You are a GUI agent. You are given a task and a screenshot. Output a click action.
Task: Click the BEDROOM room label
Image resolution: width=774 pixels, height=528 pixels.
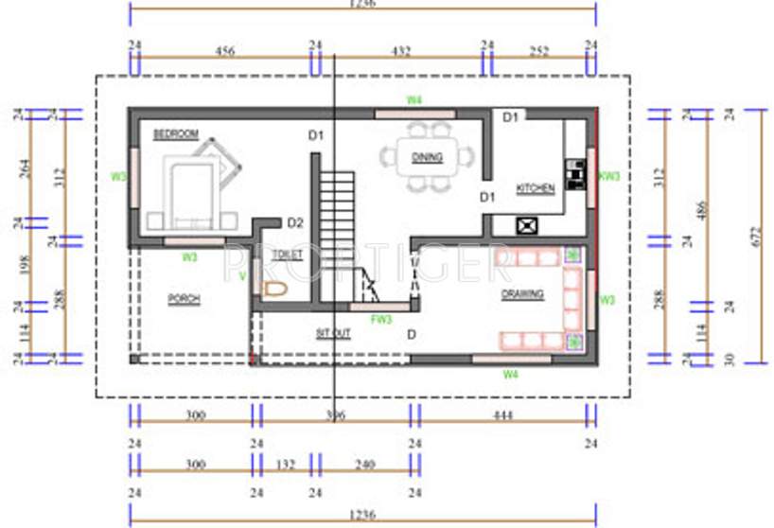(175, 135)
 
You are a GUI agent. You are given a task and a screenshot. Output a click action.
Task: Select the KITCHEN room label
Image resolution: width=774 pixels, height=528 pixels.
(535, 189)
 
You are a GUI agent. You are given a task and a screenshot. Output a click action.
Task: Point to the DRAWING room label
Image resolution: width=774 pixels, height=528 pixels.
(522, 294)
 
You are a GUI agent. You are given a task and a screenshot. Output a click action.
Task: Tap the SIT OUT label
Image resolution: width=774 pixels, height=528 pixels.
(333, 333)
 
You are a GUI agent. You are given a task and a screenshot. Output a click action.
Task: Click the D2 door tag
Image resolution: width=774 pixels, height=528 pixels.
(295, 223)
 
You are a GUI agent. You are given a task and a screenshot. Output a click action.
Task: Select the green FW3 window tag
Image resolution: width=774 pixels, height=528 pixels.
(380, 319)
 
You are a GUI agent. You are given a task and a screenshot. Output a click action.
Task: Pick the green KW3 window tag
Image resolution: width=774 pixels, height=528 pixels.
(609, 176)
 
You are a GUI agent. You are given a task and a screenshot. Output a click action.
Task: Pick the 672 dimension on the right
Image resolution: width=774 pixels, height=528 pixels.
(755, 237)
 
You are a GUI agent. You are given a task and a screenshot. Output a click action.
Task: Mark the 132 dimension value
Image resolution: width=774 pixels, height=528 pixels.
(286, 465)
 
